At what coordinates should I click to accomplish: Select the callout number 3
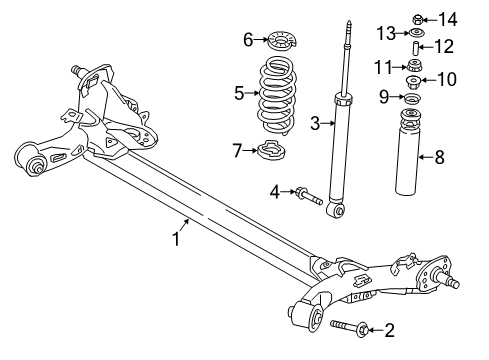315,124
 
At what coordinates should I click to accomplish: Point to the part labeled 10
413,81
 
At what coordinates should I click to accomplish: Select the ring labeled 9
412,98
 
